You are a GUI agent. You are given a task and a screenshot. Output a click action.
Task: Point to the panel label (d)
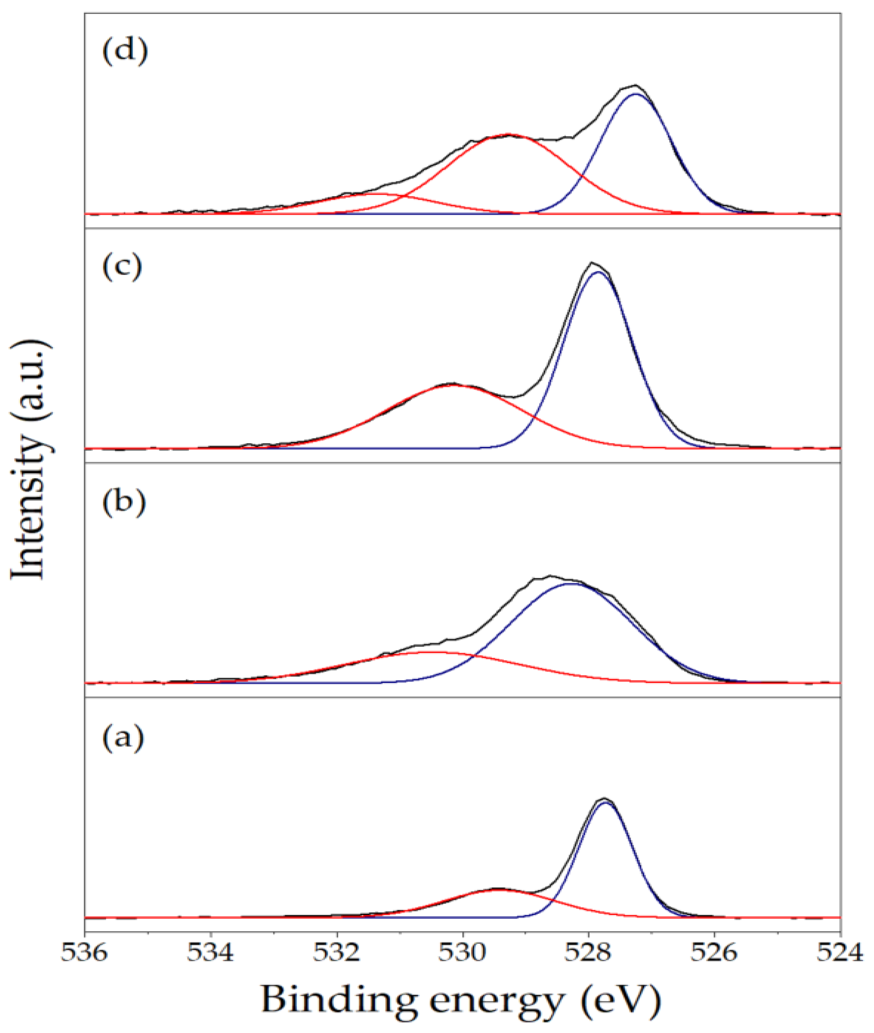125,52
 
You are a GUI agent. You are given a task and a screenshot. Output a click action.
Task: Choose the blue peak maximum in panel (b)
572,584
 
